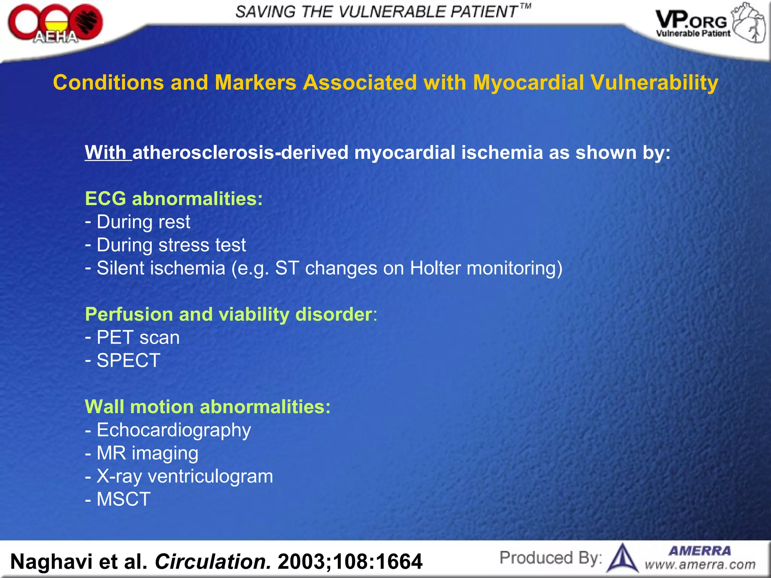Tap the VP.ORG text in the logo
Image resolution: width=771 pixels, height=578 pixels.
coord(691,21)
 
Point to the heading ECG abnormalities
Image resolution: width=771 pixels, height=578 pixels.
coord(174,199)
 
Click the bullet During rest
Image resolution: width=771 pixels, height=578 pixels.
coord(143,222)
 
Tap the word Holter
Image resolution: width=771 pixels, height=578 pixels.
coord(435,268)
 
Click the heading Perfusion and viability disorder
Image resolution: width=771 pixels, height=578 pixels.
coord(230,314)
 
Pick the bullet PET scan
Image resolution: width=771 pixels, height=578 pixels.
coord(137,338)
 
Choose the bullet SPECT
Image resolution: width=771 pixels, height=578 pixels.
coord(128,360)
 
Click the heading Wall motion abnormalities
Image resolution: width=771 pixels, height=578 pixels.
coord(207,407)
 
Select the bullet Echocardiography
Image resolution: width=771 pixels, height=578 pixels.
coord(173,430)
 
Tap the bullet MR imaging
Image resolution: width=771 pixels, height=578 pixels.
coord(147,453)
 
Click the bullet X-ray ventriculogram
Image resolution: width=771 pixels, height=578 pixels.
coord(184,476)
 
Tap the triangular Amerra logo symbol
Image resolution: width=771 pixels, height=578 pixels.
coord(623,558)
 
